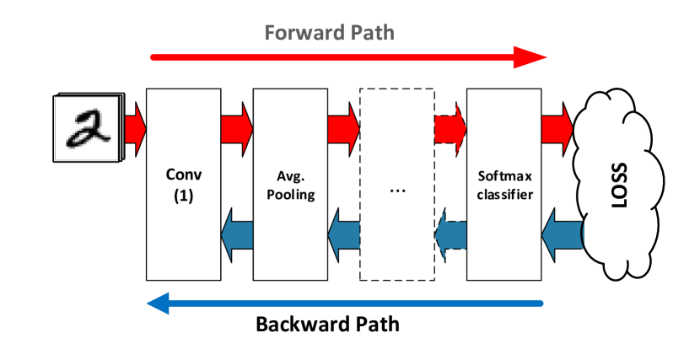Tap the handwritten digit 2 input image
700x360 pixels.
tap(87, 128)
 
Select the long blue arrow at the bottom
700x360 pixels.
tap(345, 303)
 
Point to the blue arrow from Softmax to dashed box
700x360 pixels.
tap(452, 234)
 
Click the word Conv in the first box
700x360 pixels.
tap(184, 175)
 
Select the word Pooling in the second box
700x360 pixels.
tap(290, 195)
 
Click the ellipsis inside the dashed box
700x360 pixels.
tap(398, 190)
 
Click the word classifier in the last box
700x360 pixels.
tap(504, 195)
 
